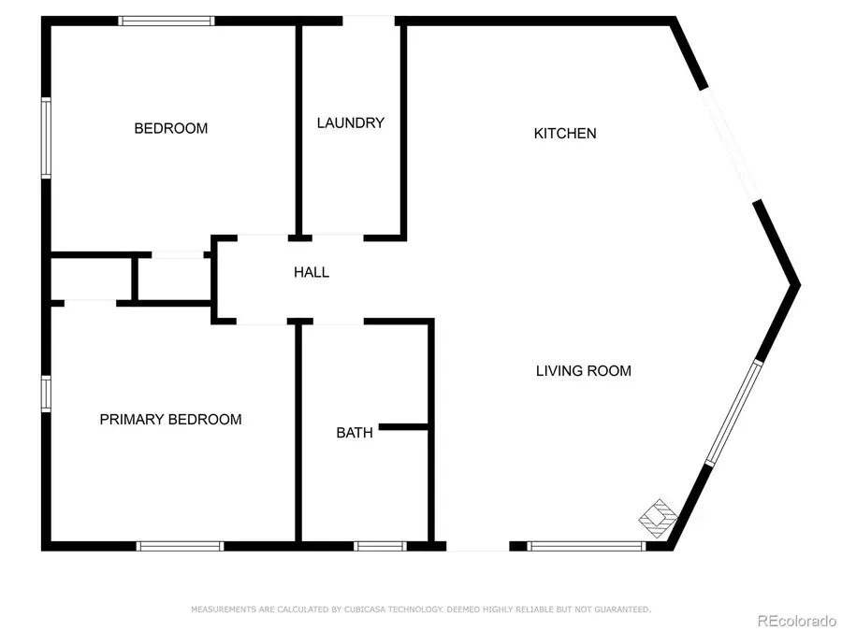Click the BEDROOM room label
[x=170, y=128]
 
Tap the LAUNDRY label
[x=350, y=122]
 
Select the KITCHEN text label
[x=564, y=134]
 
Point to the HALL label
[x=312, y=273]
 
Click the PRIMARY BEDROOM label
[x=170, y=420]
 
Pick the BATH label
[x=355, y=433]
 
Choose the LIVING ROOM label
[x=583, y=371]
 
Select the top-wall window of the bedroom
[x=167, y=21]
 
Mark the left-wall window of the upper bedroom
[x=45, y=137]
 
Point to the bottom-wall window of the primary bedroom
[x=181, y=546]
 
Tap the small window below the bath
[x=379, y=546]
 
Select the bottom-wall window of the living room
[x=587, y=546]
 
